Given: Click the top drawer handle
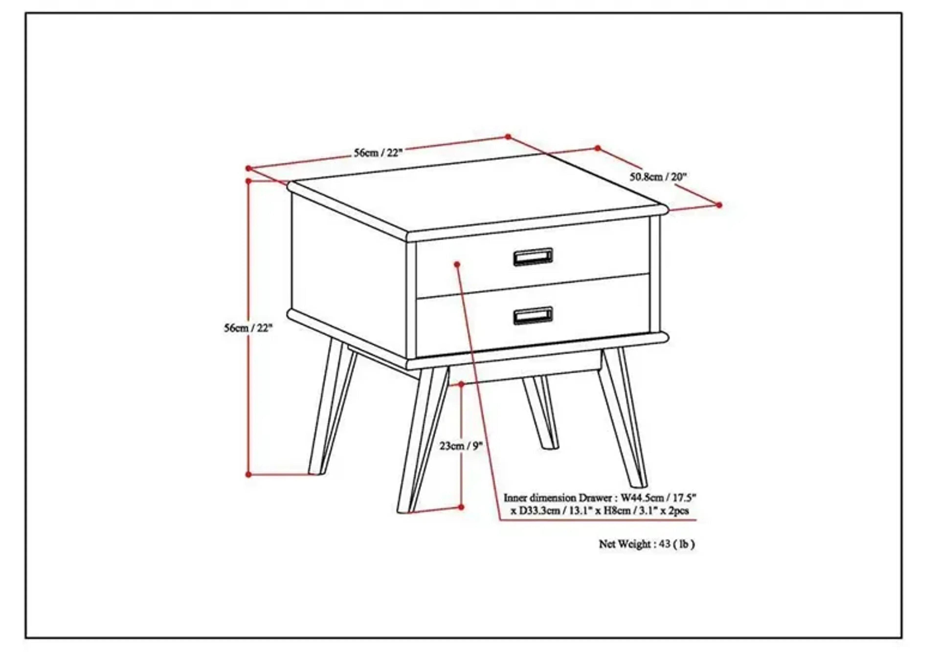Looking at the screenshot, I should point(533,257).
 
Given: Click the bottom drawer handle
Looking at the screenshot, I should point(533,315).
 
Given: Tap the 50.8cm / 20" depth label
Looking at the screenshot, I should point(658,177).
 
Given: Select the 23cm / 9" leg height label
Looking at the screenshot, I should point(461,446).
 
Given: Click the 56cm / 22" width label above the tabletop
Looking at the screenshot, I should point(378,153).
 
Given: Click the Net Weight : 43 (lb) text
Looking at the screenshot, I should point(647,544).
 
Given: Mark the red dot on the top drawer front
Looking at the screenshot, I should point(457,264).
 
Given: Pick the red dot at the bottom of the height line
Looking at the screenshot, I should point(248,475).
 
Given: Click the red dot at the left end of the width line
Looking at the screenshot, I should point(248,168).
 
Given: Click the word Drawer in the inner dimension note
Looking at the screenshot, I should point(595,498).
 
